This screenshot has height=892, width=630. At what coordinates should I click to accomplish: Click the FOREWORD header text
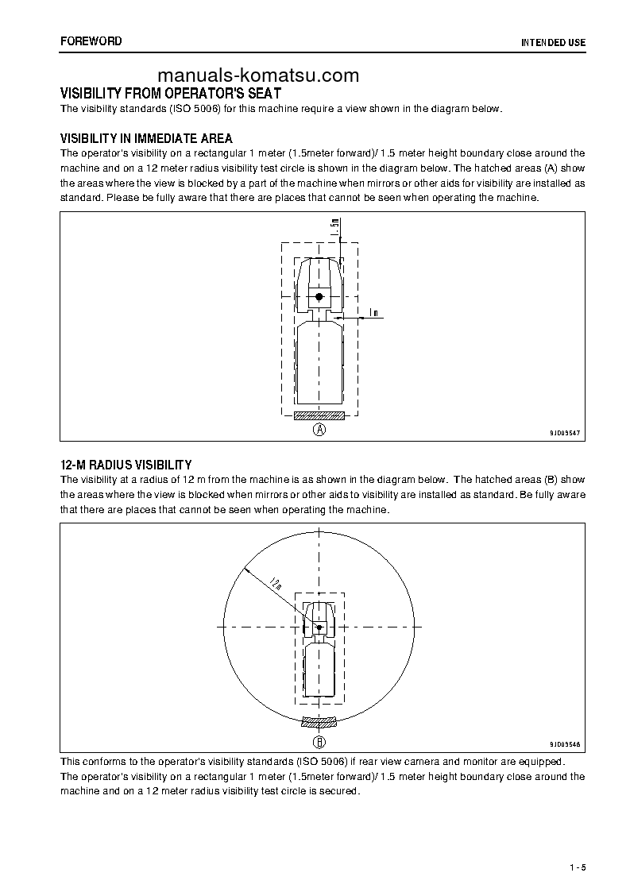pos(91,41)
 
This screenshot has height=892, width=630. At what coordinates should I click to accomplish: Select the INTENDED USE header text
pos(553,42)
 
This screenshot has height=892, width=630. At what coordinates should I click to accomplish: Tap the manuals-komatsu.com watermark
pos(258,75)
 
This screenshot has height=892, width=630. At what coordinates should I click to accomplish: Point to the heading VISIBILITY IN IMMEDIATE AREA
pos(146,138)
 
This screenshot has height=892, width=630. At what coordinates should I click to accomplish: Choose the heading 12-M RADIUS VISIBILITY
pos(126,464)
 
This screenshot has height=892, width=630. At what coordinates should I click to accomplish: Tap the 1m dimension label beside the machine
pos(373,313)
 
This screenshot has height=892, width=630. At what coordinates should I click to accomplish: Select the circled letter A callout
pos(319,430)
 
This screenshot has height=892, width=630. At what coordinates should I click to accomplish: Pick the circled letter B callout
pos(319,743)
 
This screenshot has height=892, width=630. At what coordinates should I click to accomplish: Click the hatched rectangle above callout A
pos(319,415)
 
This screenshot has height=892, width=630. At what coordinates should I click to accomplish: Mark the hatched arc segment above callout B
pos(319,723)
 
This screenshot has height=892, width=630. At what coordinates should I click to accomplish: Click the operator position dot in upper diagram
pos(319,296)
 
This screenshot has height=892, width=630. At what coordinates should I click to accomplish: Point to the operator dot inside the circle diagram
pos(319,627)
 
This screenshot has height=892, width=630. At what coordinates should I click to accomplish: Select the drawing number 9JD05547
pos(565,433)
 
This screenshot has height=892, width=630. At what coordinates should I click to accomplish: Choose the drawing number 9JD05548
pos(565,744)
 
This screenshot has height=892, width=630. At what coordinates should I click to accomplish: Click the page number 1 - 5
pos(577,867)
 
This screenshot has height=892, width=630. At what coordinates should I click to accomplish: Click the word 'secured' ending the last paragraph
pos(342,791)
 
